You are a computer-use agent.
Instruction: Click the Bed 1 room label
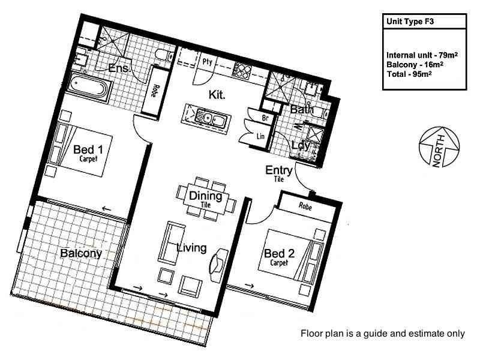(88, 149)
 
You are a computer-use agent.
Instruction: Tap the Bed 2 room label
(279, 253)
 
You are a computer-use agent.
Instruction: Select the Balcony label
(81, 253)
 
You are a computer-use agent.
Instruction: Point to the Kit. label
(217, 95)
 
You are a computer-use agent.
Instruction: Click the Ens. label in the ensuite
(118, 68)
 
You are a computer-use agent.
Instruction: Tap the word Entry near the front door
(278, 170)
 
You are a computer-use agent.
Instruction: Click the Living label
(191, 248)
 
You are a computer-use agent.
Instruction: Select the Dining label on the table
(205, 196)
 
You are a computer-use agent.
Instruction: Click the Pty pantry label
(207, 62)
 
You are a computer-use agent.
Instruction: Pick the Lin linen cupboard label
(260, 136)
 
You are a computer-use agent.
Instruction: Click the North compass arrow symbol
(439, 147)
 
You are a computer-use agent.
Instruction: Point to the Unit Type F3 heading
(410, 22)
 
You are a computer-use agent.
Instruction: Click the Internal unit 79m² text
(422, 55)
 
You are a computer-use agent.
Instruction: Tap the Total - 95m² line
(409, 74)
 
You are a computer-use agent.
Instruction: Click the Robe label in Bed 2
(305, 206)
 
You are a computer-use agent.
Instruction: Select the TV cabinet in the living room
(218, 265)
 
